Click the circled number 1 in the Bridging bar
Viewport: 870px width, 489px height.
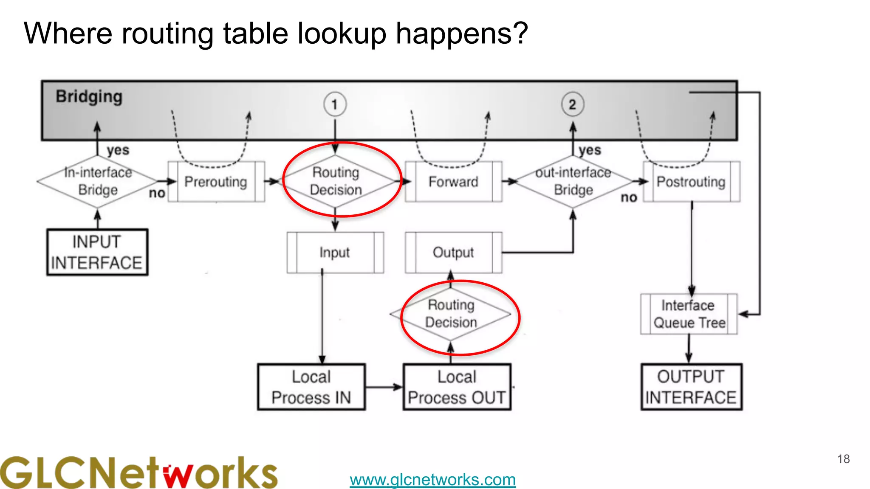click(x=335, y=104)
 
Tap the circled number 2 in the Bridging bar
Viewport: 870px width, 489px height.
click(x=573, y=104)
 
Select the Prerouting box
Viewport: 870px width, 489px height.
click(x=216, y=182)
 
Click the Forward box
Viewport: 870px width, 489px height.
click(x=453, y=182)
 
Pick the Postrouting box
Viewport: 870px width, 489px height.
click(x=691, y=182)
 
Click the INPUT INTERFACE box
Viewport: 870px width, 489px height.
click(x=97, y=252)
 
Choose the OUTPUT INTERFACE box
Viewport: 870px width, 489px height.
click(x=691, y=387)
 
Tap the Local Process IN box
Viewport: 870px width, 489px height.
click(x=311, y=387)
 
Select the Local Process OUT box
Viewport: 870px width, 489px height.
click(x=457, y=387)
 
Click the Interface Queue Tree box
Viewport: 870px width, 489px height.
click(x=689, y=314)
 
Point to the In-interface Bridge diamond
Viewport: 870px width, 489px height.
click(x=98, y=181)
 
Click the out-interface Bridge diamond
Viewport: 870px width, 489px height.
click(x=573, y=181)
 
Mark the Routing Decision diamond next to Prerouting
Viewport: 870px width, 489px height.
click(x=336, y=181)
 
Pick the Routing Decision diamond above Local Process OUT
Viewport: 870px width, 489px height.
click(x=451, y=314)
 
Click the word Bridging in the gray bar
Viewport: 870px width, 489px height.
click(x=89, y=97)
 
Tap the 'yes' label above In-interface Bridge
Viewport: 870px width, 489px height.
click(x=118, y=150)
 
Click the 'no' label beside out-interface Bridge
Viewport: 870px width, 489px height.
click(x=629, y=197)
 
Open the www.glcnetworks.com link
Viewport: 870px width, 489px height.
click(x=432, y=480)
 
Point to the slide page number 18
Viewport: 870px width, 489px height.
click(x=843, y=459)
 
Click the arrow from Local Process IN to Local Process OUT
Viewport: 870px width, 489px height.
click(x=384, y=387)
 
